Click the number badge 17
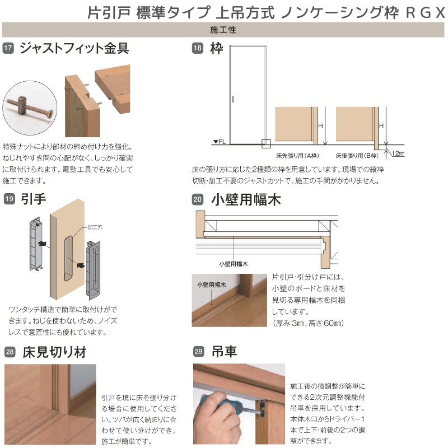point(8,49)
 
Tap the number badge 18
point(197,49)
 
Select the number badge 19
point(8,198)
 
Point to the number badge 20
point(197,198)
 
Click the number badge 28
point(8,352)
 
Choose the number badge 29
point(197,352)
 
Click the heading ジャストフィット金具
point(74,48)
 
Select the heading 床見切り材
point(53,352)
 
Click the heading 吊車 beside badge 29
point(224,352)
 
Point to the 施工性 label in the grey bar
point(224,30)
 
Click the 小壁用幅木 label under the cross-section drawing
point(234,262)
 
